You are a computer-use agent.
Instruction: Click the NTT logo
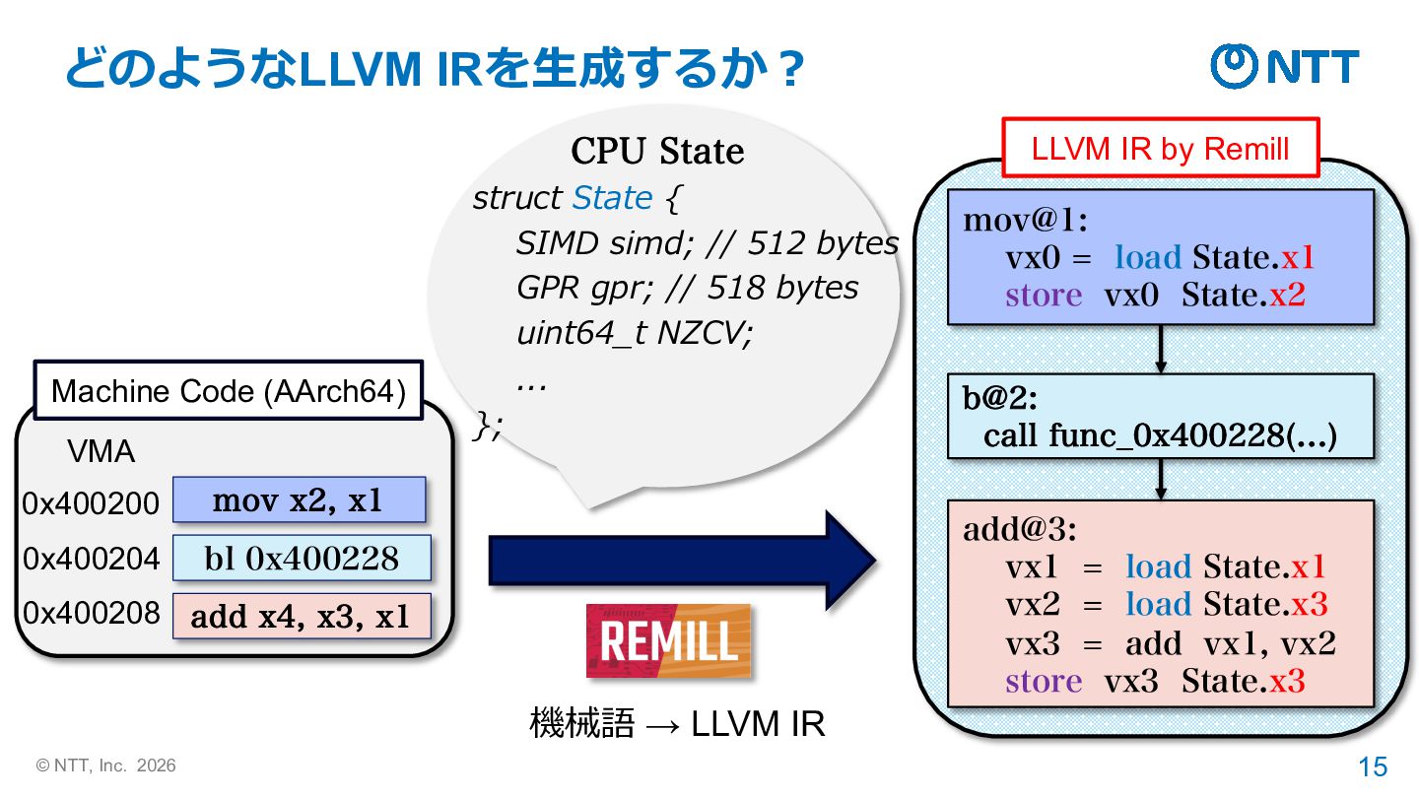pos(1284,66)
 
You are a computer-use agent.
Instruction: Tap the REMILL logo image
pos(668,641)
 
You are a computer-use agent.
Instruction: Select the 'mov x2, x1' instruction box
pos(299,500)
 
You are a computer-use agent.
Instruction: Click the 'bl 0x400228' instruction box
pos(302,559)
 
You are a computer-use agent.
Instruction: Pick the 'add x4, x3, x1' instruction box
pos(302,616)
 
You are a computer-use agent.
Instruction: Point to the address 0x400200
pos(91,503)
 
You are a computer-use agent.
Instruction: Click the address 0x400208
pos(91,613)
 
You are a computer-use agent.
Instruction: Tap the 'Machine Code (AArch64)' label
pos(229,391)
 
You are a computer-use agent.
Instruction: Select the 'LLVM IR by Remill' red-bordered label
pos(1160,149)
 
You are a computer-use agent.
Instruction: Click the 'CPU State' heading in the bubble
pos(657,152)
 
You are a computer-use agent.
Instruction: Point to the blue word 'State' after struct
pos(612,198)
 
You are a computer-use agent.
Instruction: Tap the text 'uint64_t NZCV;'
pos(634,333)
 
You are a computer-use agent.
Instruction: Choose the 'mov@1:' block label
pos(1025,220)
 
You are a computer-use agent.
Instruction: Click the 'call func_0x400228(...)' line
pos(1160,434)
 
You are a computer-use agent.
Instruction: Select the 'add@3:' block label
pos(1020,530)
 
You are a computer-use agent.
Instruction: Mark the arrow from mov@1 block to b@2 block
pos(1161,349)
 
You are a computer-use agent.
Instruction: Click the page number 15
pos(1373,766)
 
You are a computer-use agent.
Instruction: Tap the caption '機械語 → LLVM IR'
pos(676,724)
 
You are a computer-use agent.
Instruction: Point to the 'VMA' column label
pos(101,451)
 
